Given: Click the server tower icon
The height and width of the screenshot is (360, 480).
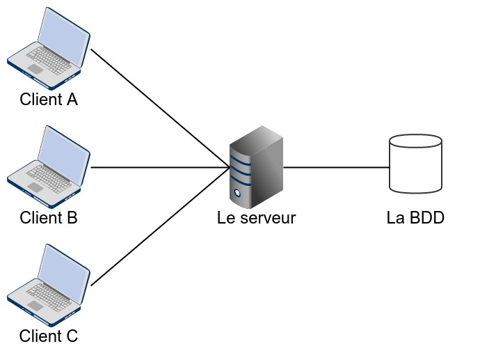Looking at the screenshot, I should click(257, 167).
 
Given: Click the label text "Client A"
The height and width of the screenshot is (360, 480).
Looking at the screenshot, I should click(49, 100).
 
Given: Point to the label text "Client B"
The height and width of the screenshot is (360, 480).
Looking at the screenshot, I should click(49, 218).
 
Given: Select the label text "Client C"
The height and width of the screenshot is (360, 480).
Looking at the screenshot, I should click(49, 336).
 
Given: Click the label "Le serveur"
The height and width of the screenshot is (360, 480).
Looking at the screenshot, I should click(256, 218).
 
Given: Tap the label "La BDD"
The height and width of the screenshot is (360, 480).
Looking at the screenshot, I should click(415, 218).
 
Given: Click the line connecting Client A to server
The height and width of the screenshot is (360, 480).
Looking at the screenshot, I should click(160, 109).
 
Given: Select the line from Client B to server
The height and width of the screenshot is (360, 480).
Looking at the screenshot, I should click(160, 168).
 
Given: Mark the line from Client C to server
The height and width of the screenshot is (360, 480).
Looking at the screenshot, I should click(160, 226).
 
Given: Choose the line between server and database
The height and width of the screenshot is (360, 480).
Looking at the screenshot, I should click(335, 168).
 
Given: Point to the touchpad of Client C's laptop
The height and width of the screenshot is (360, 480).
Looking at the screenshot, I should click(35, 306).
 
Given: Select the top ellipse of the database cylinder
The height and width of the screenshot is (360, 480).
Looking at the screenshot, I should click(415, 142).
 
